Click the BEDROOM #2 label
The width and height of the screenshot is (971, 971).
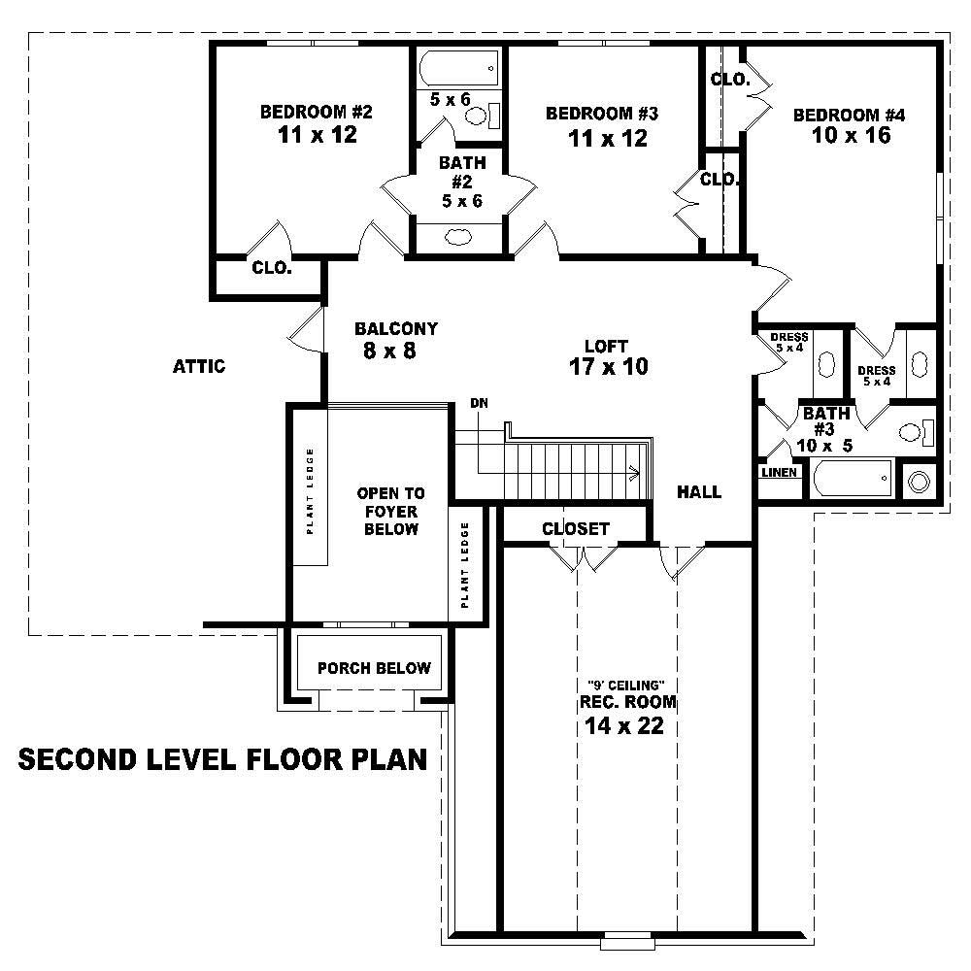[317, 112]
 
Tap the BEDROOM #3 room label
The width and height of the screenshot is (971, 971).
[602, 114]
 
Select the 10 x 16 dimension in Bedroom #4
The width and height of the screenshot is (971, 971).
[851, 136]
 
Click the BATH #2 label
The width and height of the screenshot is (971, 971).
[462, 163]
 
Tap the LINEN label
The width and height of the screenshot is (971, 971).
[780, 473]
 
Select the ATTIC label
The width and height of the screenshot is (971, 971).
[199, 366]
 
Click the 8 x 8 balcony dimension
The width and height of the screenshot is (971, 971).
[389, 352]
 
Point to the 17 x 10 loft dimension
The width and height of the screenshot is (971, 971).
[608, 366]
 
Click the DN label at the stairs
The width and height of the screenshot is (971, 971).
[479, 402]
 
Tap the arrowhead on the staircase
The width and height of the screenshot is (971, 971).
[635, 474]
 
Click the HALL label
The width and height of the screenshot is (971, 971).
[699, 492]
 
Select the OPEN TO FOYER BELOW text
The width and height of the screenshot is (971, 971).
[390, 511]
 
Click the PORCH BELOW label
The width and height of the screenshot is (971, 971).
[374, 668]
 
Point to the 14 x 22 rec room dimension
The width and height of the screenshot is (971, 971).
[624, 725]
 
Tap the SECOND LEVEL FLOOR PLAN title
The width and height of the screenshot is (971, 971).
[223, 759]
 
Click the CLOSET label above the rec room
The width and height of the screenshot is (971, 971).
[576, 528]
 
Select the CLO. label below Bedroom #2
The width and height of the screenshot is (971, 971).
[272, 268]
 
